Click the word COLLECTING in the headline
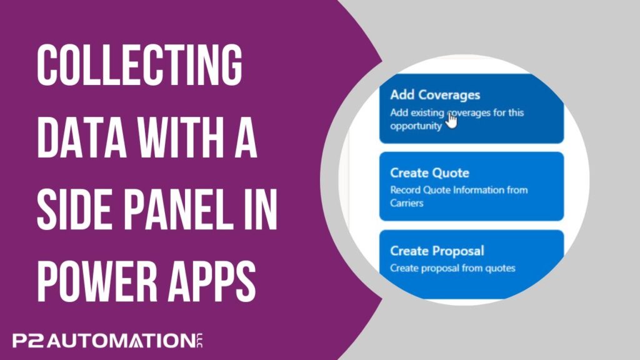coord(139,65)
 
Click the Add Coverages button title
coord(435,95)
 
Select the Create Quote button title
coord(430,172)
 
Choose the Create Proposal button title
coord(437,251)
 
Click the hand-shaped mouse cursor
coord(451,120)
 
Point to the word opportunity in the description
coord(416,126)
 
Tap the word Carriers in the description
coord(406,203)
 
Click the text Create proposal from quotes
coord(452,268)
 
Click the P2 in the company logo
coord(28,341)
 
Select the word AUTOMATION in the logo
coord(121,341)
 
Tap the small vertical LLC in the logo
coord(200,341)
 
